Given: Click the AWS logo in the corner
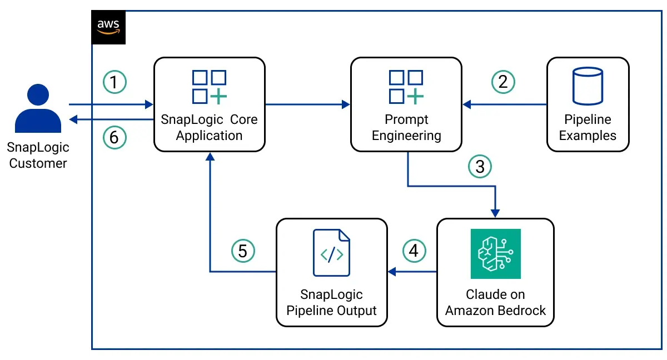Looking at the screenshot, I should tap(108, 27).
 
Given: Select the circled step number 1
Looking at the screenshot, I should tap(115, 83).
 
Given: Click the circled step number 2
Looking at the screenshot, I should tap(503, 82).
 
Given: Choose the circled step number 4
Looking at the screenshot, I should tap(413, 251).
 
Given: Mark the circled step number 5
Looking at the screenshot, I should tap(243, 251).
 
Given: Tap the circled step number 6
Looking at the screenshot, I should tap(115, 137).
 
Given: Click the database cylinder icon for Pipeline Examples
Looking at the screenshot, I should tap(588, 86).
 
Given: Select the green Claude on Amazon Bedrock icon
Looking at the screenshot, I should tap(495, 253).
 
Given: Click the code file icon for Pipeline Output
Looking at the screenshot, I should tap(332, 253).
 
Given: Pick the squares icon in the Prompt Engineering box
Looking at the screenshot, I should tap(406, 87).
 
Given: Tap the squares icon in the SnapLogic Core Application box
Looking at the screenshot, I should tap(209, 87).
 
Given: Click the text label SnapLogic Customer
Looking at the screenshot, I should tap(38, 155).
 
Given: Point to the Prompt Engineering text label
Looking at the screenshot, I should tap(406, 128).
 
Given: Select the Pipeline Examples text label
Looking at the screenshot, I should tap(588, 128).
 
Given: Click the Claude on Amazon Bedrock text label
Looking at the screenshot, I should tap(495, 302).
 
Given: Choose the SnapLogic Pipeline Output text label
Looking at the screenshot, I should tap(332, 302).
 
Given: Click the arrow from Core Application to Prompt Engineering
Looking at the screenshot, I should tap(307, 104).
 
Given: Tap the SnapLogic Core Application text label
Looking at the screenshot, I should tap(209, 128).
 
